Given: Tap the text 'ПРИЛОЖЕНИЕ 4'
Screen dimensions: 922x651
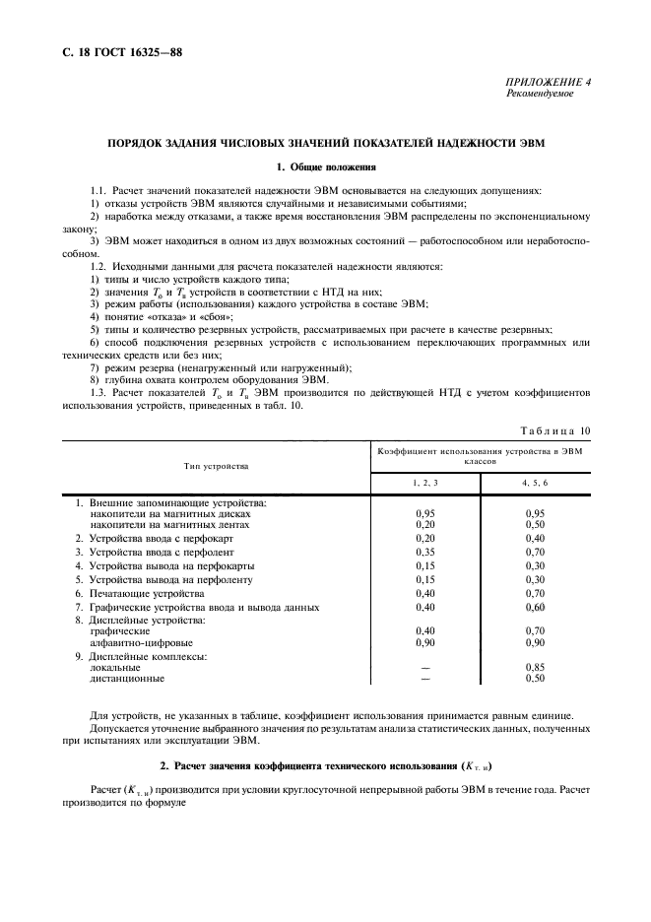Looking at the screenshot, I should coord(549,84).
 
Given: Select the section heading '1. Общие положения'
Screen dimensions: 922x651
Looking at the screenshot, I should coord(325,167).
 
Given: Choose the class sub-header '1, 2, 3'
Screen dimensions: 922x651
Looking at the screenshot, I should coord(425,483).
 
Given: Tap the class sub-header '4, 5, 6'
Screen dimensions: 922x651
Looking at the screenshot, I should coord(535,483).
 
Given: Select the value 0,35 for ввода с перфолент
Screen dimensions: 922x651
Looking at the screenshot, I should coord(425,553).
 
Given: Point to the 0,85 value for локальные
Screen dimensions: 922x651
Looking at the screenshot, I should coord(535,667).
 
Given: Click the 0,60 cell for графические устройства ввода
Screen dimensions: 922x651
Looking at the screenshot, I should coord(535,608).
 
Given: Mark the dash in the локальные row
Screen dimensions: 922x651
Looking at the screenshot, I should coord(425,667).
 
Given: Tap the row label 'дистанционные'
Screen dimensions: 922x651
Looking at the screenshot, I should coord(127,678).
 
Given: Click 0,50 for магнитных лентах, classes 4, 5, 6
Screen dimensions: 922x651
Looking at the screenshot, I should coord(535,525).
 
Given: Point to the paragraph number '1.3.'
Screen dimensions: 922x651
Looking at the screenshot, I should coord(100,392).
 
